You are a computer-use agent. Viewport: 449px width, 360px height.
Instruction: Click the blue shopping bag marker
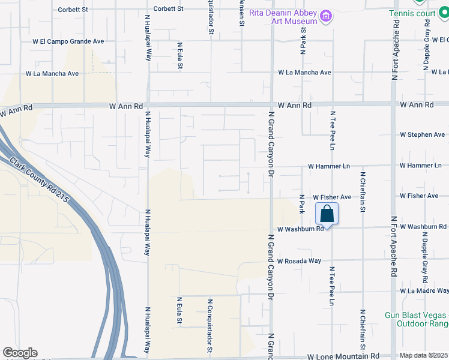pos(327,214)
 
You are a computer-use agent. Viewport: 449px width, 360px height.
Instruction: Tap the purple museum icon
pos(326,16)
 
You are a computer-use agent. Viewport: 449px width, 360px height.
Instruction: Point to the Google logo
pos(20,353)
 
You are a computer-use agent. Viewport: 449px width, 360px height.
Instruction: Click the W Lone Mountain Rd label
pos(343,356)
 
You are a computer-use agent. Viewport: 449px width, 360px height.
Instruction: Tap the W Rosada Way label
pos(299,261)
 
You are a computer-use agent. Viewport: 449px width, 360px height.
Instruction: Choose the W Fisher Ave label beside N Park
pos(332,197)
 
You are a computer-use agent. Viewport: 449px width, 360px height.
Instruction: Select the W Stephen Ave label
pos(423,135)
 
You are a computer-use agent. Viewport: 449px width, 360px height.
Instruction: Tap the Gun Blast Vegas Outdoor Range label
pos(416,320)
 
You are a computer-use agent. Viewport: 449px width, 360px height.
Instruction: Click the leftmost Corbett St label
pos(73,10)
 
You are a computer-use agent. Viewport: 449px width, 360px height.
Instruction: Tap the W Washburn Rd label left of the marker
pos(300,229)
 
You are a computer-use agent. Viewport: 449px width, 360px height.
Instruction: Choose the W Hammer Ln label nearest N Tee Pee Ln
pos(328,166)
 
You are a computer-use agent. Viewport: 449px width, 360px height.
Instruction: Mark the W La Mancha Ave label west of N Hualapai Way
pos(52,74)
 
